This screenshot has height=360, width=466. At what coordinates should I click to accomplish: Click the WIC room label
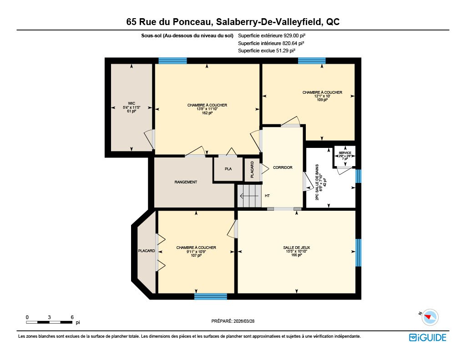point(132,103)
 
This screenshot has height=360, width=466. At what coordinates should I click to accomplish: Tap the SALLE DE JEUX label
point(296,248)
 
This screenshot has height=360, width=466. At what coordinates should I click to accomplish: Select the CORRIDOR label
point(283,167)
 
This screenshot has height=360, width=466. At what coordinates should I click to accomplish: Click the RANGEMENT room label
point(186,182)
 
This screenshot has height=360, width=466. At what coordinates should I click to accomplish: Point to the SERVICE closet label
point(345,153)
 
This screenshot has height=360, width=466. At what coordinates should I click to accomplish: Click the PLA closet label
point(228,169)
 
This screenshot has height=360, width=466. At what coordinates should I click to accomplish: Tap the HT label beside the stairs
point(267,196)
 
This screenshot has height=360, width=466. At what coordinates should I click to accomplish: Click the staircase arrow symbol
point(249,196)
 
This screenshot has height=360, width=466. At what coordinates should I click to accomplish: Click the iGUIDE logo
point(427,337)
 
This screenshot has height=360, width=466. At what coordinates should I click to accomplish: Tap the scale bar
point(49,322)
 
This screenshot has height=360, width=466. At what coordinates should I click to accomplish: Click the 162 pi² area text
point(207,113)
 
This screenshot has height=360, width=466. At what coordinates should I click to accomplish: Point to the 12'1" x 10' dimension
point(322,96)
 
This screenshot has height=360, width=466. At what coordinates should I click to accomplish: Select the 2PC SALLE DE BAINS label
point(317,182)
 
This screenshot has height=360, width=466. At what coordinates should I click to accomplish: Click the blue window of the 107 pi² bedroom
point(211,296)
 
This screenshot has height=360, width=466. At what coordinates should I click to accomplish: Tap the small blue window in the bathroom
point(359,176)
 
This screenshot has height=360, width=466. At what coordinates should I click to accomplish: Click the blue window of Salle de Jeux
point(359,253)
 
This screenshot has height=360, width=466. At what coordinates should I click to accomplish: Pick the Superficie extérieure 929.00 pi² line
point(272,35)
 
